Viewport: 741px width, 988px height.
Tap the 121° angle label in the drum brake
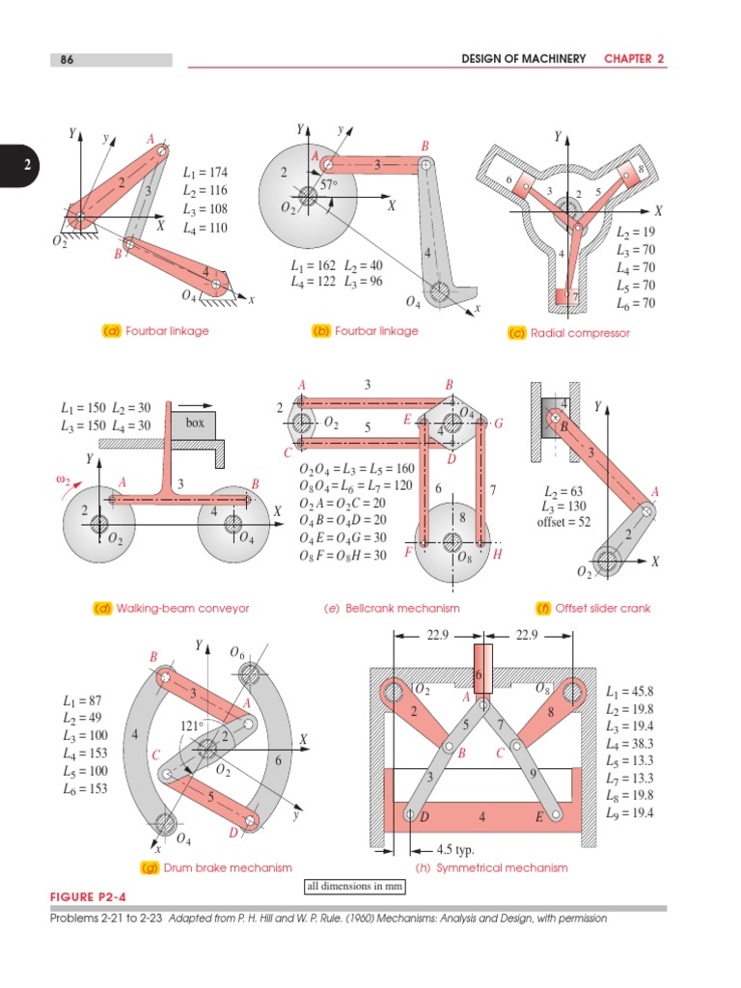[193, 725]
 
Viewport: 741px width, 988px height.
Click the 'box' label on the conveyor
[196, 422]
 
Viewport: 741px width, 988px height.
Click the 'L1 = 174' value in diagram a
[205, 173]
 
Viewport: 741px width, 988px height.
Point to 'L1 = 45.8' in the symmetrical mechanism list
[631, 693]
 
